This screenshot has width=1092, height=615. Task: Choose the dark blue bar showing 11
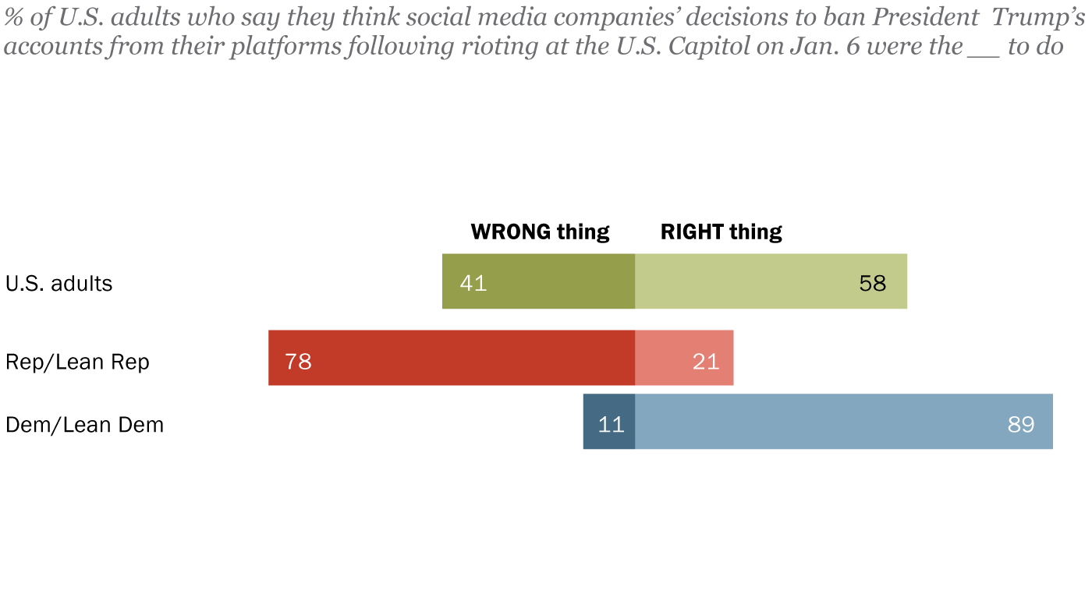tap(609, 422)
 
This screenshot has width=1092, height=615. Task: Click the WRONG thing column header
tap(540, 232)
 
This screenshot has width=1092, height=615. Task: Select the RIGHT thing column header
tap(721, 232)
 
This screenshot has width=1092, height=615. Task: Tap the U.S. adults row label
tap(59, 283)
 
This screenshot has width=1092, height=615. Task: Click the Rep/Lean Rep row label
tap(77, 362)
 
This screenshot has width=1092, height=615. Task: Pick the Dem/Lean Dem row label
tap(84, 426)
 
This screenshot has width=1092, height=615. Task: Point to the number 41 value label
tap(473, 282)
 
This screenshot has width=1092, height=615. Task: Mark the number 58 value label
tap(873, 282)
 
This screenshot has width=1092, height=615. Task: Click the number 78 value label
tap(298, 362)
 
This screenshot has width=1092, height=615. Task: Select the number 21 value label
tap(706, 362)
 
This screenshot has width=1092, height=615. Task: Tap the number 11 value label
tap(611, 425)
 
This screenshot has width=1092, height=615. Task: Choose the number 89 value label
tap(1020, 425)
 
